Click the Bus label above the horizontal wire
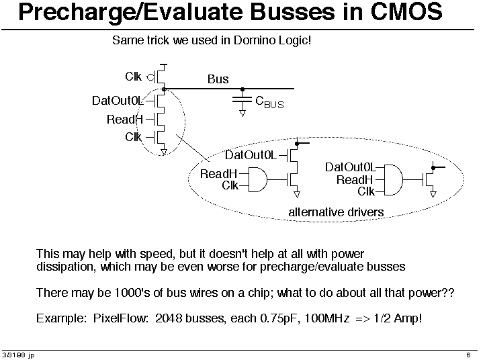(x=218, y=79)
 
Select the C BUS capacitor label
(x=269, y=102)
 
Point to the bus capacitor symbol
(x=242, y=101)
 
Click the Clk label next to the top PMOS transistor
(x=133, y=76)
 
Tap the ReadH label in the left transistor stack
(x=125, y=120)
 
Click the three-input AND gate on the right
(x=393, y=179)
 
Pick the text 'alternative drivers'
(x=336, y=212)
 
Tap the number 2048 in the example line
(x=168, y=318)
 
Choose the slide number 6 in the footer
(x=467, y=355)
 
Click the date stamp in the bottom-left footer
(x=18, y=355)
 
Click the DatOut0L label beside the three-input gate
(x=350, y=167)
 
